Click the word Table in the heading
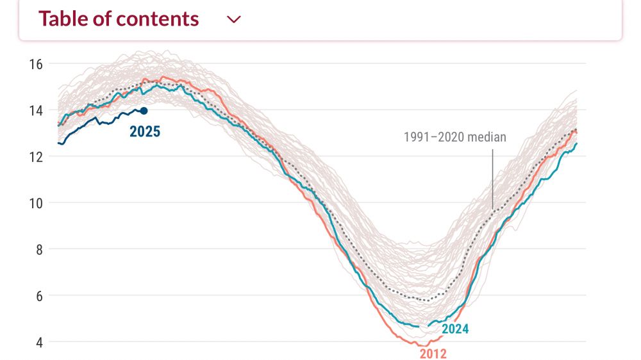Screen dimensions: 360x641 62,19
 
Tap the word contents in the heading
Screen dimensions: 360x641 160,19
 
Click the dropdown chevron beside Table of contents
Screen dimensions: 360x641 234,19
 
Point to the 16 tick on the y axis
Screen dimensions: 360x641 35,63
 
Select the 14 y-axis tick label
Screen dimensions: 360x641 35,110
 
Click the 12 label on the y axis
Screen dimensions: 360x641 35,156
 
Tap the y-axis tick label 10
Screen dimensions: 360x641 35,203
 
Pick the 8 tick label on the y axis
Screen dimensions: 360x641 38,249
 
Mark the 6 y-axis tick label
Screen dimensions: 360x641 38,296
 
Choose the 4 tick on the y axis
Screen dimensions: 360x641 38,342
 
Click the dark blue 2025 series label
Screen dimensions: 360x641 145,133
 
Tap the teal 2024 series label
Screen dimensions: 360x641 455,329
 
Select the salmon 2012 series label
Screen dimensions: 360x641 433,353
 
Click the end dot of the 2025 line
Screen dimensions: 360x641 144,111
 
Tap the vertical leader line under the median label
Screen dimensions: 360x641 492,179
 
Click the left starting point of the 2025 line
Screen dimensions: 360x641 58,143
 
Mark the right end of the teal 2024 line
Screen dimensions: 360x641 576,143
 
